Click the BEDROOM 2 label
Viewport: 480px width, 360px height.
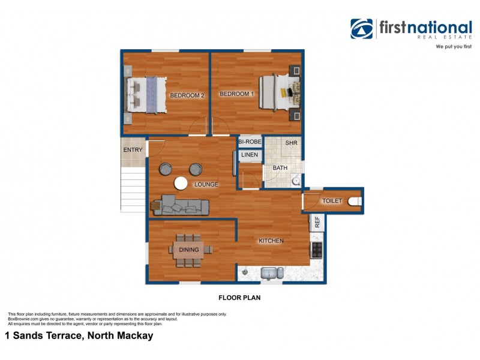click(x=187, y=95)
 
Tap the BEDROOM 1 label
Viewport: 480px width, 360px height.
click(x=236, y=94)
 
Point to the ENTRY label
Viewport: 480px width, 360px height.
click(x=133, y=149)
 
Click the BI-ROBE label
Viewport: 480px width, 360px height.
click(x=250, y=142)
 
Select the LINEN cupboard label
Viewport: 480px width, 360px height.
click(x=250, y=155)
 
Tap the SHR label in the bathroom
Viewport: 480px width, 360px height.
click(x=292, y=143)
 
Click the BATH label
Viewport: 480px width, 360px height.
click(x=280, y=168)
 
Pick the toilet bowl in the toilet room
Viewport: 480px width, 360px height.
click(x=355, y=202)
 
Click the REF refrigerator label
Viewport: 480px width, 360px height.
click(x=317, y=222)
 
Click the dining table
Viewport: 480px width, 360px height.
click(x=188, y=250)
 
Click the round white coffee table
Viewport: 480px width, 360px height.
click(x=181, y=184)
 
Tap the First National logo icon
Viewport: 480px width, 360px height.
click(x=362, y=29)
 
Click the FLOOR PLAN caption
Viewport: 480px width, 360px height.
click(x=239, y=297)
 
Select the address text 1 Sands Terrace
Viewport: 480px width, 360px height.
click(x=79, y=336)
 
